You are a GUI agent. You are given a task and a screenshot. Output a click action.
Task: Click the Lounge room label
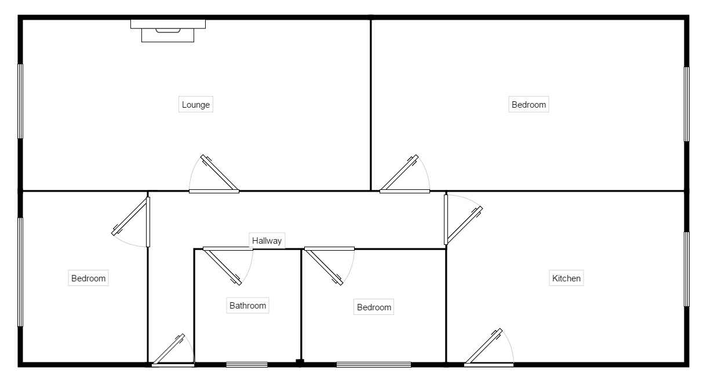point(196,105)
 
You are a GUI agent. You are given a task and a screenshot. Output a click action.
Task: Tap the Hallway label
point(267,241)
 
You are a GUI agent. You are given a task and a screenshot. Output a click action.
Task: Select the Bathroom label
point(247,306)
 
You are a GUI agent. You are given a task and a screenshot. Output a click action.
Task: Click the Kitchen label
point(566,278)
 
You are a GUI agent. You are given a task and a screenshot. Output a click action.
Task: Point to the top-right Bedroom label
point(529,105)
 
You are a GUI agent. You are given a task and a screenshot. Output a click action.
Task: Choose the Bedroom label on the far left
point(88,278)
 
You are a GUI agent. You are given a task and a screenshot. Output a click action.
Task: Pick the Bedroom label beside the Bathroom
point(374,307)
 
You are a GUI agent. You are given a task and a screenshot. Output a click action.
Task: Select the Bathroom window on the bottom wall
point(247,364)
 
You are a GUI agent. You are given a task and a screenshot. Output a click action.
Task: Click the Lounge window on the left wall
point(21,101)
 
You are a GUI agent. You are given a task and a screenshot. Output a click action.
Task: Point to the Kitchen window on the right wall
point(687,269)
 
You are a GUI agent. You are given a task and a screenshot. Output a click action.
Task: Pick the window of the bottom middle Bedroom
point(374,364)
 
